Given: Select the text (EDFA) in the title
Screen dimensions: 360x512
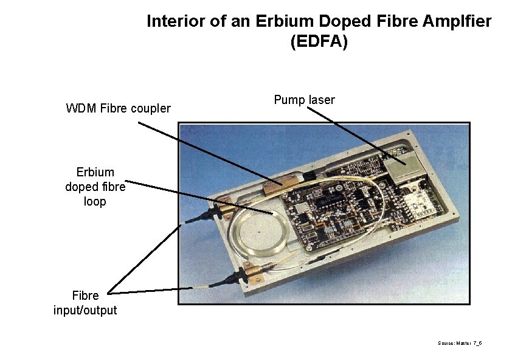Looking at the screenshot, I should point(319,42).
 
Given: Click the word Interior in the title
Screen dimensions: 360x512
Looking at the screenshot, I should point(175,21).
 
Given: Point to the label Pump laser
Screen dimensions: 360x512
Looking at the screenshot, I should point(304,100).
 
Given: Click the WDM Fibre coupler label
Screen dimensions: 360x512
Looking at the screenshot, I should point(118,109).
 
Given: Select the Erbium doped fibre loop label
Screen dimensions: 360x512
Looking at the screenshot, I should point(95,187).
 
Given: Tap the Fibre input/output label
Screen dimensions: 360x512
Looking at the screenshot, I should point(85,303).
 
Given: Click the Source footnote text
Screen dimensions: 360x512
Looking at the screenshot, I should point(460,344).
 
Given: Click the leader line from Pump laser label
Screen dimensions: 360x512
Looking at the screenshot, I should point(353,134).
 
